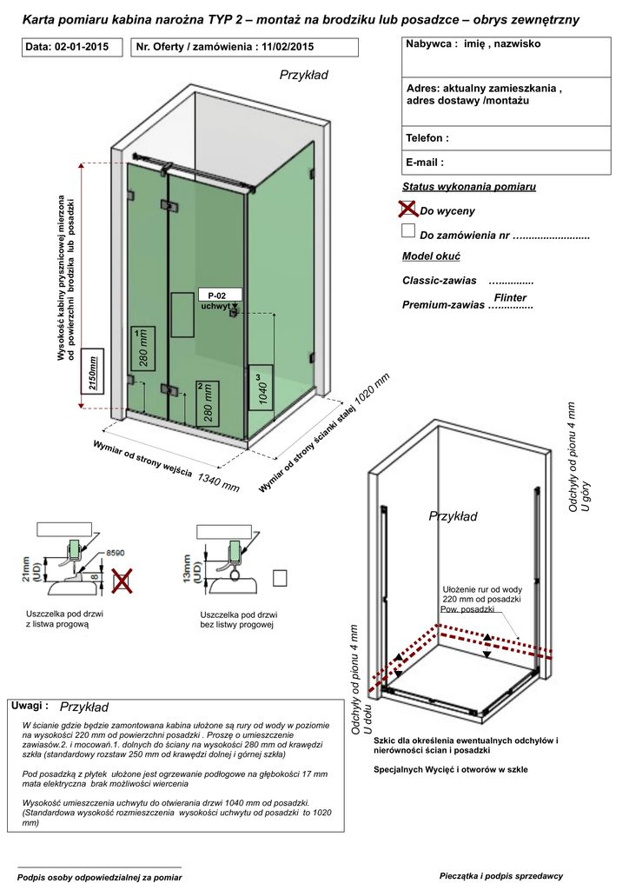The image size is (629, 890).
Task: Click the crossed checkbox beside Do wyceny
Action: tap(409, 209)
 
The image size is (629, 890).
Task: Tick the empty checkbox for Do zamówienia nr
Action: tap(408, 231)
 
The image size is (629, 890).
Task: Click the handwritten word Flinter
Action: tap(510, 298)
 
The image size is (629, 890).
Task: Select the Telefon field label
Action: tap(427, 138)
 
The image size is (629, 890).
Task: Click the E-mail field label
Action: tap(425, 162)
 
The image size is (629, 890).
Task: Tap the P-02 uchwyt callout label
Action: tap(216, 300)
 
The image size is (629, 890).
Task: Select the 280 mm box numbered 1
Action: tap(142, 348)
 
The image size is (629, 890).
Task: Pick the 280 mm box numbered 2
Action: tap(207, 402)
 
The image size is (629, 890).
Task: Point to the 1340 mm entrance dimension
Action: tap(218, 482)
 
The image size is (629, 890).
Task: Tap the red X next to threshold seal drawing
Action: tap(122, 580)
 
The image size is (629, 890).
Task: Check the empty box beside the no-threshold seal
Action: tap(280, 578)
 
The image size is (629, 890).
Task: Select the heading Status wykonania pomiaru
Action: tap(469, 187)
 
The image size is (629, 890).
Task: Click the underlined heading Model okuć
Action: tap(430, 256)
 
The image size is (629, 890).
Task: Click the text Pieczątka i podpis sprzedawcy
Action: tap(501, 874)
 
